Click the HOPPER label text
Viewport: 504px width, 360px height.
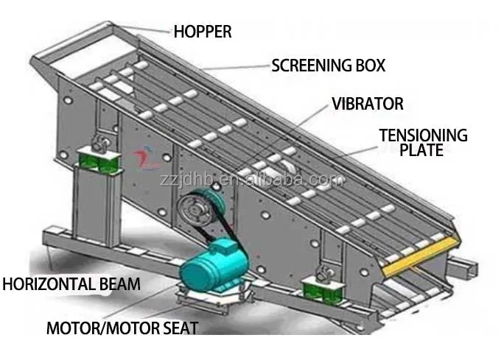[202, 31]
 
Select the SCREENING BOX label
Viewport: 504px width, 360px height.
[328, 66]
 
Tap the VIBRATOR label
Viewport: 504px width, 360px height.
[367, 104]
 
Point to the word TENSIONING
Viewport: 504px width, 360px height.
[423, 135]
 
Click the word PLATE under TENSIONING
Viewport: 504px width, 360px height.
[421, 150]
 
